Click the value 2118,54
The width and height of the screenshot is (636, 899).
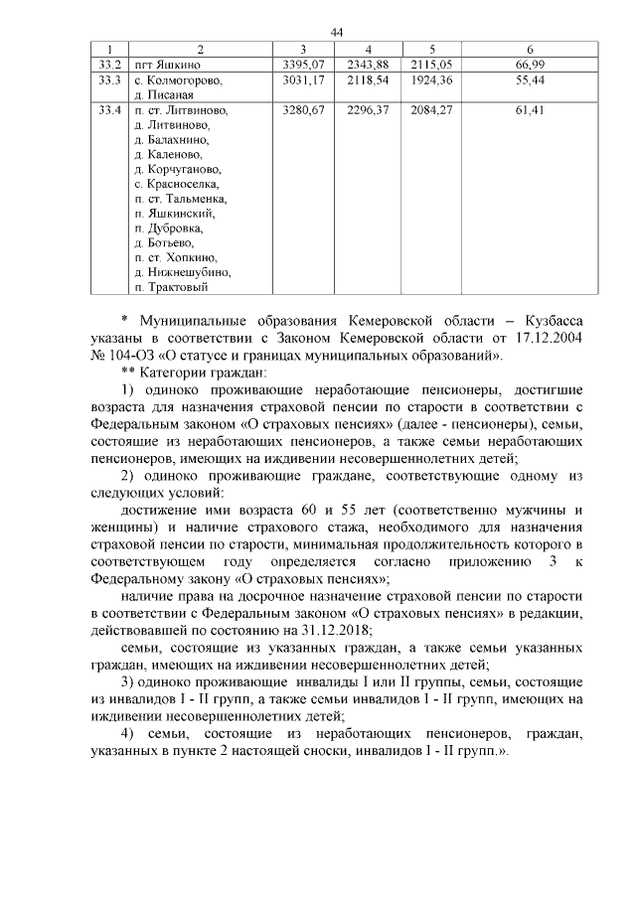(x=367, y=79)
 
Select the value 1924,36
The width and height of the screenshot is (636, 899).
(x=431, y=79)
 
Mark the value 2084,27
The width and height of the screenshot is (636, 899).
(x=431, y=110)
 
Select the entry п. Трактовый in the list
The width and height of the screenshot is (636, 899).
(x=171, y=287)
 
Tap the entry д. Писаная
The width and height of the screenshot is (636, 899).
(x=163, y=94)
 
